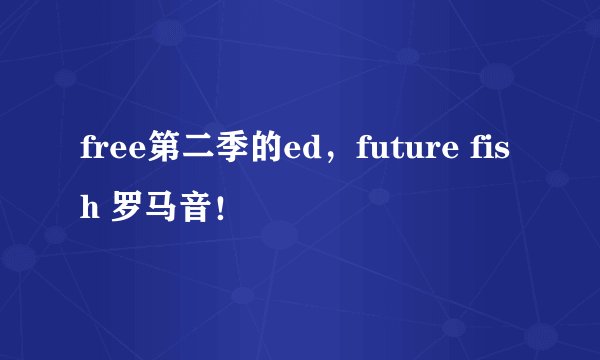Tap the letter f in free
coord(86,153)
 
